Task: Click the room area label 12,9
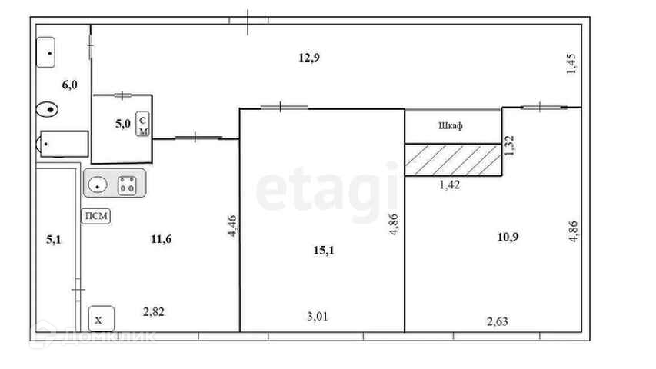point(309,58)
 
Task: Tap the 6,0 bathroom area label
point(69,85)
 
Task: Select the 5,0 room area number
point(122,124)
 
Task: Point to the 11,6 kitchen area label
point(161,239)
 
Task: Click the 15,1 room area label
point(324,251)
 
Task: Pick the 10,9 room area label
point(508,238)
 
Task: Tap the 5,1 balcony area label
point(54,240)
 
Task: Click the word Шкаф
point(451,125)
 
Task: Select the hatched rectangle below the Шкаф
point(453,160)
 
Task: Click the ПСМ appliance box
point(96,216)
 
